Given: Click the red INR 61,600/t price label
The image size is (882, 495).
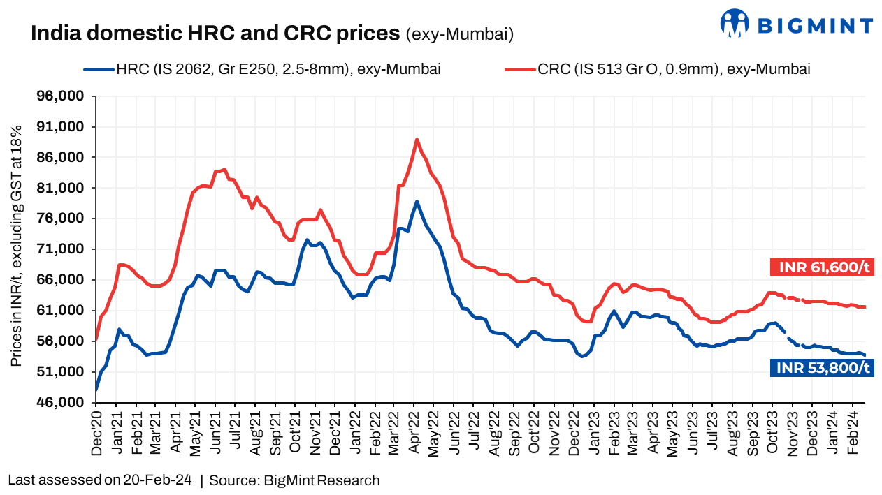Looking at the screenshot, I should [x=823, y=267].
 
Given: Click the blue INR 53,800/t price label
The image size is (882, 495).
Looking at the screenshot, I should [x=823, y=367].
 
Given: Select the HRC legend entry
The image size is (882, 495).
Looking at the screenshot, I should [x=261, y=68].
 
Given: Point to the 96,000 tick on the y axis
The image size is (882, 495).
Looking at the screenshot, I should [x=64, y=96].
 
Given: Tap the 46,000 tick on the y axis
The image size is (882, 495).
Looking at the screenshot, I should [x=64, y=403].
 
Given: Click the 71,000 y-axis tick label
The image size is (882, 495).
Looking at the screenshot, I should [x=64, y=249].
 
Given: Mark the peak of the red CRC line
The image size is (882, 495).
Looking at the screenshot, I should [x=417, y=140].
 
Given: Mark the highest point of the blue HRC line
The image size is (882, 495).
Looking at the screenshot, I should [x=417, y=202].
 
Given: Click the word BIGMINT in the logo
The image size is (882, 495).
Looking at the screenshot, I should [x=815, y=27].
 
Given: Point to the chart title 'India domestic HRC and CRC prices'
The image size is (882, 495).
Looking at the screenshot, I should [x=215, y=33].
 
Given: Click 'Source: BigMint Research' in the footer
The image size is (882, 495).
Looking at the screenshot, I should [x=294, y=480].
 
